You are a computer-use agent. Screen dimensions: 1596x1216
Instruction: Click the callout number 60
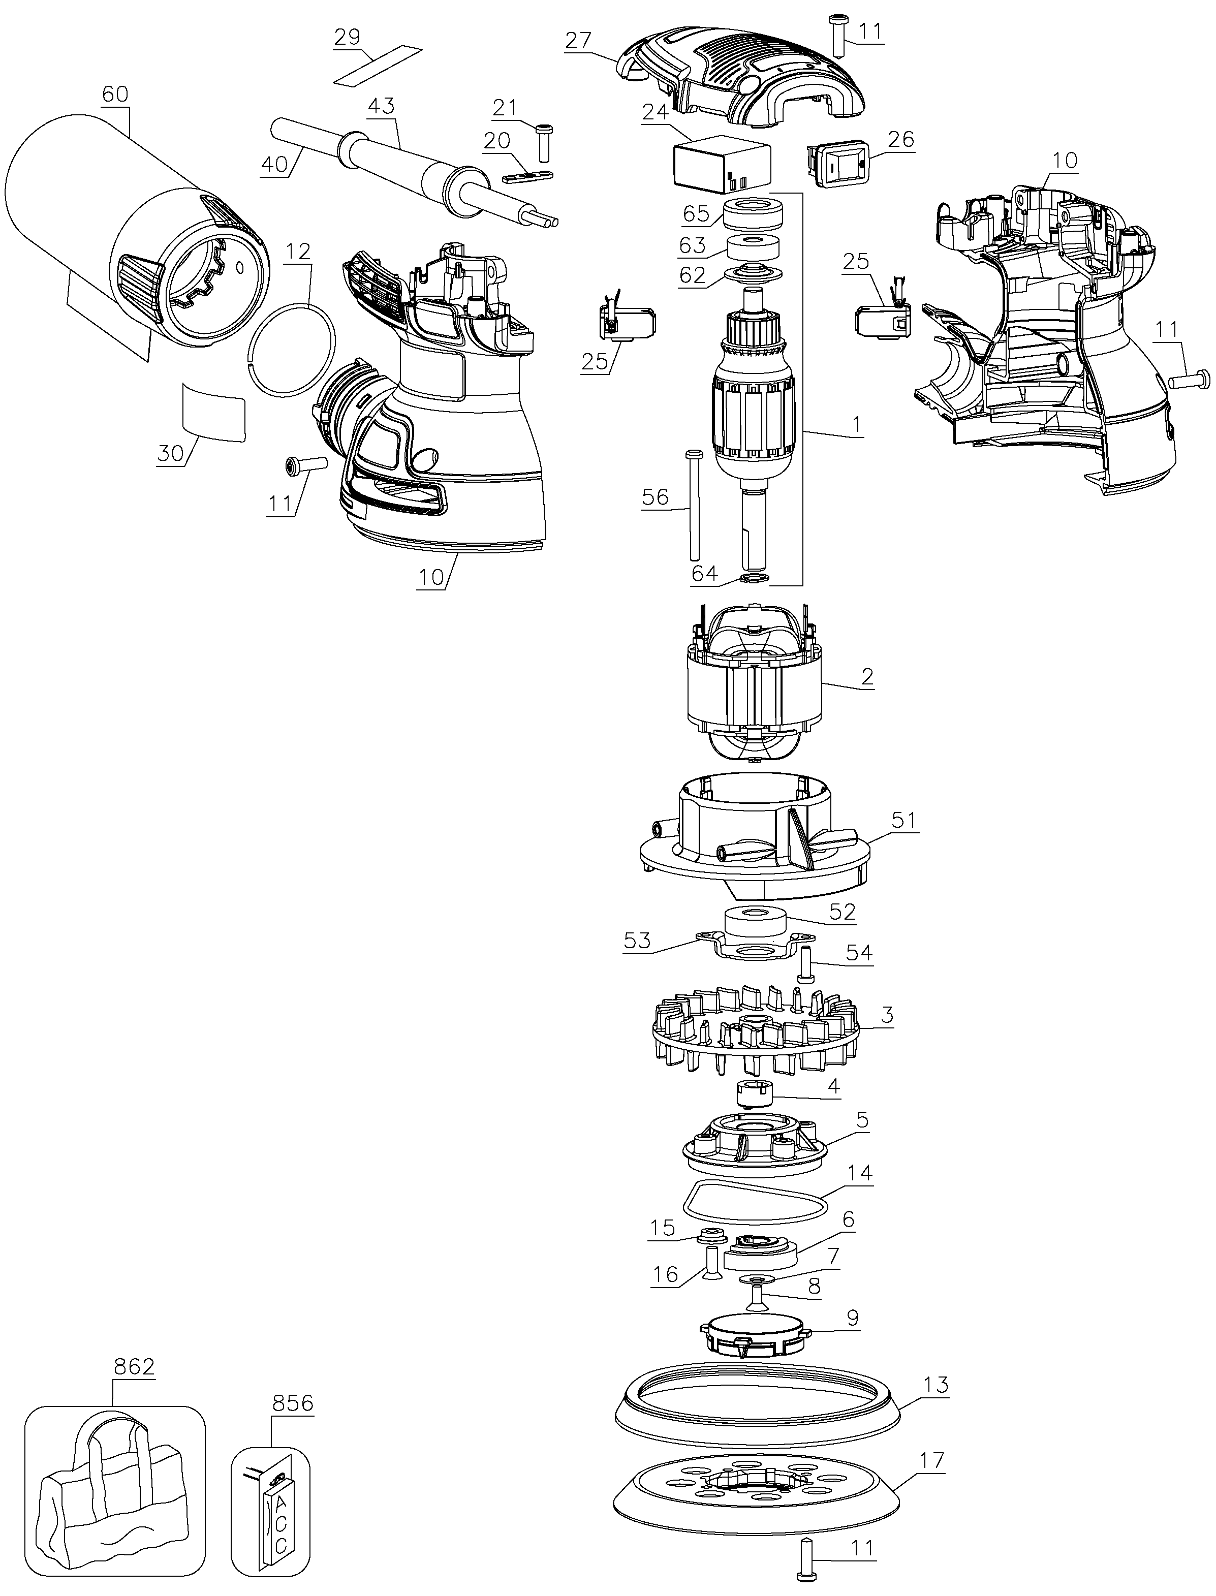pos(115,94)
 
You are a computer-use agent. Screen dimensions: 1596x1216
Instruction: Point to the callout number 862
pos(134,1366)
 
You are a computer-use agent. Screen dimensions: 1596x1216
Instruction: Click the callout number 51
pos(903,820)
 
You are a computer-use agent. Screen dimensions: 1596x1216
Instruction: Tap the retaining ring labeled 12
pos(292,350)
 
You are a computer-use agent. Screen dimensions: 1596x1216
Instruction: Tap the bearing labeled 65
pos(754,215)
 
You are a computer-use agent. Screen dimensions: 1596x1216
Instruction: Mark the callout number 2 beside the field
pos(866,676)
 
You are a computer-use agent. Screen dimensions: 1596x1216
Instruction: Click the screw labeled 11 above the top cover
pos(839,34)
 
